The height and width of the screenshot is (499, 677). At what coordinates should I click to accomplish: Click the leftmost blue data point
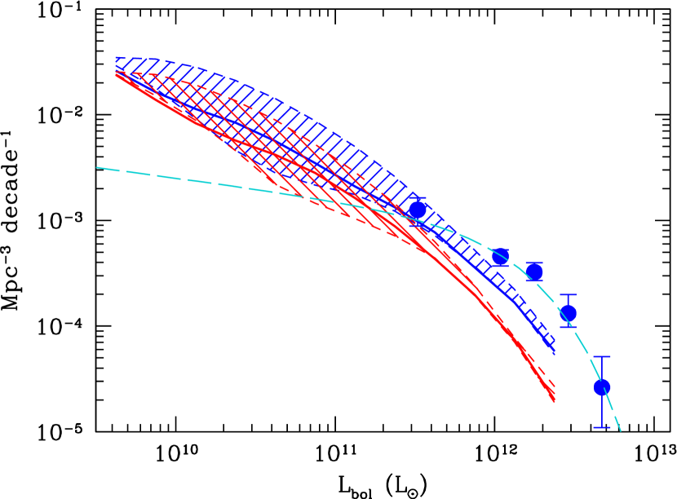tap(418, 210)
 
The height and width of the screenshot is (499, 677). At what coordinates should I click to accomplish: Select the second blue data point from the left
tap(501, 257)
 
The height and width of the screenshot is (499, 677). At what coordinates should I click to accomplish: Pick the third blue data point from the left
tap(534, 272)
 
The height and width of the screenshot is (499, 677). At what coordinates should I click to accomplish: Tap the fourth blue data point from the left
tap(569, 313)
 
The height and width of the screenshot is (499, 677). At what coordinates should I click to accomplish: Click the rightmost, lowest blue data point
tap(602, 387)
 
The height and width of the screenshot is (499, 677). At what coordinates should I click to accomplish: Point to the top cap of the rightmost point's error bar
tap(602, 357)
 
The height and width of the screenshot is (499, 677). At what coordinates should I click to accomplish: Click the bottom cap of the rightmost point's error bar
tap(602, 427)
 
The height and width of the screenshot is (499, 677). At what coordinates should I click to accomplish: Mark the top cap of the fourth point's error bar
tap(569, 295)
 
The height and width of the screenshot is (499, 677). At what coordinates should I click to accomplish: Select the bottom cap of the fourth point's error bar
tap(569, 328)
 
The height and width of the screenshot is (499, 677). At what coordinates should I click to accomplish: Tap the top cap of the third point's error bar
tap(534, 263)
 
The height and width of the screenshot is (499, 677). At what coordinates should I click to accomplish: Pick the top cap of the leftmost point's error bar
tap(418, 198)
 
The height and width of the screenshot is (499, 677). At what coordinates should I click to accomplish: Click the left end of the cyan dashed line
tap(97, 167)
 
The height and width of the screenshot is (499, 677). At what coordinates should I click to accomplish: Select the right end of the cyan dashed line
tap(621, 431)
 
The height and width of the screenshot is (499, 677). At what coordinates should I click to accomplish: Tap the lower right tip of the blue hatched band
tap(555, 351)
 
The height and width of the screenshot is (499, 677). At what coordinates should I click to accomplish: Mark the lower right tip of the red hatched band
tap(555, 400)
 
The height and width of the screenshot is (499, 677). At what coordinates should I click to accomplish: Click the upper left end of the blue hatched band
tap(117, 60)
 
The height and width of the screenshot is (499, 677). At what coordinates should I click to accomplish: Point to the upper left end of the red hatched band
tap(117, 74)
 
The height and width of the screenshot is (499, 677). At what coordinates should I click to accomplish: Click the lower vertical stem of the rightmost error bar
tap(602, 412)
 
